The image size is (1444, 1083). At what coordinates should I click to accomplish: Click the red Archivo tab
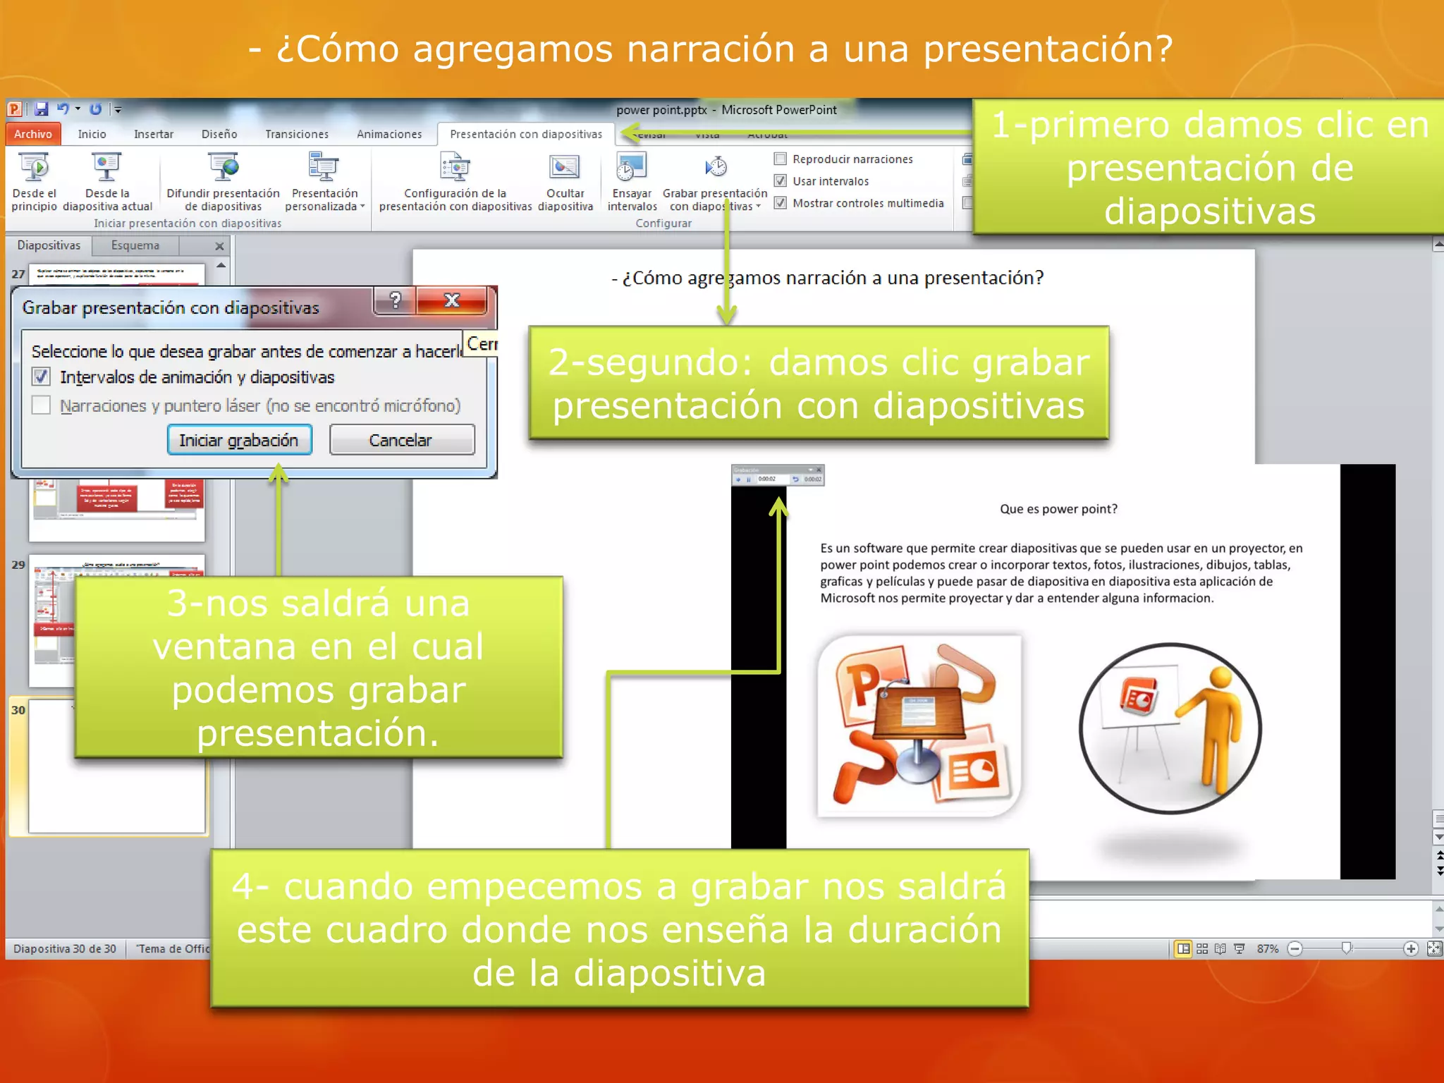pyautogui.click(x=33, y=134)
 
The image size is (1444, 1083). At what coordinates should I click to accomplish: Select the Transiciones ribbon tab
pyautogui.click(x=297, y=134)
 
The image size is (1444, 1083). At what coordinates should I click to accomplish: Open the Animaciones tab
pyautogui.click(x=389, y=134)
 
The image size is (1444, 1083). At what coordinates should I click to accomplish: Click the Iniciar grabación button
pyautogui.click(x=239, y=441)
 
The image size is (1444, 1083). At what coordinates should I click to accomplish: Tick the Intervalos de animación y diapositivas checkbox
pyautogui.click(x=42, y=377)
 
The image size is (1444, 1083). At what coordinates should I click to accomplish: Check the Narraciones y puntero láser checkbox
pyautogui.click(x=42, y=405)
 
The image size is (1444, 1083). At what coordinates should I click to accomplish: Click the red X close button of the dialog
pyautogui.click(x=452, y=301)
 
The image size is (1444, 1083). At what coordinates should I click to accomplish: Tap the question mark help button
pyautogui.click(x=396, y=301)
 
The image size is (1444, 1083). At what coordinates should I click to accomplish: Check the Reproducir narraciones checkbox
pyautogui.click(x=781, y=159)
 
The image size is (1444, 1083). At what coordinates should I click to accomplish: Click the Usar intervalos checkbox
pyautogui.click(x=781, y=181)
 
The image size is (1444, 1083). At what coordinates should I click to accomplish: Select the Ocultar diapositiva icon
pyautogui.click(x=565, y=168)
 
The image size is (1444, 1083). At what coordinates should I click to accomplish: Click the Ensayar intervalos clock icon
pyautogui.click(x=631, y=168)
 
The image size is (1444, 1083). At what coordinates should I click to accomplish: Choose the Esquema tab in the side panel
pyautogui.click(x=135, y=245)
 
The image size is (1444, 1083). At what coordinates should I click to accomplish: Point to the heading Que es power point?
pyautogui.click(x=1058, y=509)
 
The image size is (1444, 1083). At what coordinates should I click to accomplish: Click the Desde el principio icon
pyautogui.click(x=34, y=168)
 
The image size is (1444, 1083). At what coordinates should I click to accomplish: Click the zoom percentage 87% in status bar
pyautogui.click(x=1267, y=949)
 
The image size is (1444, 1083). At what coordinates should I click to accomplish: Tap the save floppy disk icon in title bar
pyautogui.click(x=42, y=109)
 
